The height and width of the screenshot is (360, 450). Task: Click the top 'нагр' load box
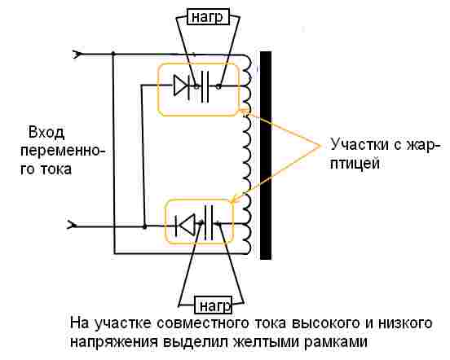coord(206,17)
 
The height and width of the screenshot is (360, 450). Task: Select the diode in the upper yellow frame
coord(181,84)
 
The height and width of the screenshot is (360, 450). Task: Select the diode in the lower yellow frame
coord(187,223)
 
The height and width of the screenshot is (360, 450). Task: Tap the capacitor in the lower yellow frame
coord(211,222)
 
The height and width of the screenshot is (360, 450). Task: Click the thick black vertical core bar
coord(265,155)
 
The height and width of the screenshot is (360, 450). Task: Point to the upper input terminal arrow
coord(77,55)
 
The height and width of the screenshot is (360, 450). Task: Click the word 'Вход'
coord(46,133)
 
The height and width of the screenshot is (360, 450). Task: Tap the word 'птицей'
coord(356,163)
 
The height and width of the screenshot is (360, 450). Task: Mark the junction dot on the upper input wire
coord(112,55)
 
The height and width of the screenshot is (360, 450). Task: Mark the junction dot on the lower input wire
coord(143,224)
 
